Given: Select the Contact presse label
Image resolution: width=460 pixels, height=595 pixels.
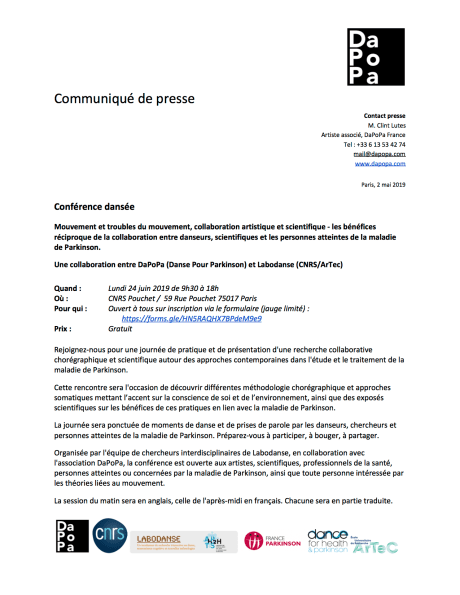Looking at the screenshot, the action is pyautogui.click(x=384, y=117).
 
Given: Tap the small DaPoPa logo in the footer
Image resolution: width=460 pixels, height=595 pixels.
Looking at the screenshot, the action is pyautogui.click(x=70, y=544).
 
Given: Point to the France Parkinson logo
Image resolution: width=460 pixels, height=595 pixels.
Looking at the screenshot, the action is pyautogui.click(x=273, y=542).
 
